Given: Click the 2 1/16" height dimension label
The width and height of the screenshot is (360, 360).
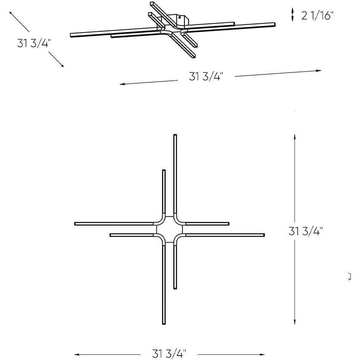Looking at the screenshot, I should [x=317, y=16].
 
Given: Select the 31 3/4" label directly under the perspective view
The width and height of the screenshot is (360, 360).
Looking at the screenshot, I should [x=206, y=76].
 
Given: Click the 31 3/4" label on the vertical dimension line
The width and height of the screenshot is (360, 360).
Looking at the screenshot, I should [x=306, y=231].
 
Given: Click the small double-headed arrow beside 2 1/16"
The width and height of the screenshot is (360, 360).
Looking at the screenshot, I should [x=293, y=15].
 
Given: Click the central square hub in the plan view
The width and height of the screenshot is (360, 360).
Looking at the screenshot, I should [x=169, y=229].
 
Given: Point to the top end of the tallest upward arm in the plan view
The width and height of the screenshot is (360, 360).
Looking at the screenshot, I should [x=175, y=135].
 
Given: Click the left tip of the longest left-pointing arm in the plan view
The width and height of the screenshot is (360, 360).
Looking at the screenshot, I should [x=76, y=223].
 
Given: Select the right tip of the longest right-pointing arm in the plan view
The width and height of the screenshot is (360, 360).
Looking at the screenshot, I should [x=264, y=234].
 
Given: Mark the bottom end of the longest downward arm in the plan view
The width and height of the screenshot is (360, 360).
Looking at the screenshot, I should [x=164, y=323].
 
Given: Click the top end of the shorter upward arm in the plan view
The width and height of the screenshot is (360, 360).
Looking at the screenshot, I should [x=164, y=171].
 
